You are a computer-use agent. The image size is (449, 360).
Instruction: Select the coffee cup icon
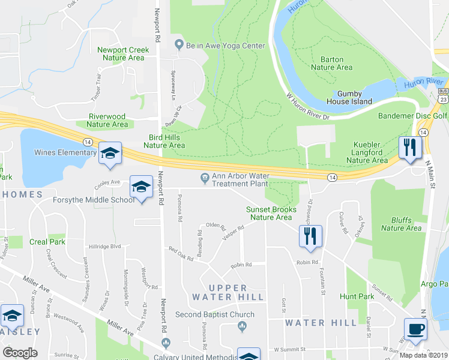(415, 328)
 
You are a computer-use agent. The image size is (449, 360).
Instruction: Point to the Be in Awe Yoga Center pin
(178, 45)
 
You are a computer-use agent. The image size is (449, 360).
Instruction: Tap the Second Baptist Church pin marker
(242, 326)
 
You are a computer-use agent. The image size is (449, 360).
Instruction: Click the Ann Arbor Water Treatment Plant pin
(205, 177)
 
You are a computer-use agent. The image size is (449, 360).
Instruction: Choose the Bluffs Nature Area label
(401, 224)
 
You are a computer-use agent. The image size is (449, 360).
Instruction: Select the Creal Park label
(47, 242)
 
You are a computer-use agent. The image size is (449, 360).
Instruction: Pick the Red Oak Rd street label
(181, 254)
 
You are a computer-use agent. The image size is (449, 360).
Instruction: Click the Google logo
(20, 353)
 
